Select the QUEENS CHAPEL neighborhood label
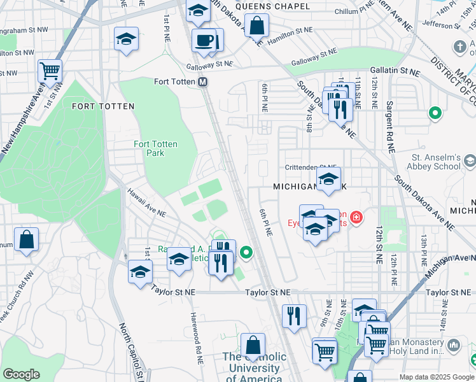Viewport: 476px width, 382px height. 272,6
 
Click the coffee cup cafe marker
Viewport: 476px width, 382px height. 204,41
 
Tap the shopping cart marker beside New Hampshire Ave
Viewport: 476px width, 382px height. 50,71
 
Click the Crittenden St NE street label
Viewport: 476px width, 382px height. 311,167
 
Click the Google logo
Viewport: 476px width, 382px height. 21,374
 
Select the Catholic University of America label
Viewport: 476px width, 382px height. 254,368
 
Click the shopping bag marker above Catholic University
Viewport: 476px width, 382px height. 253,346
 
